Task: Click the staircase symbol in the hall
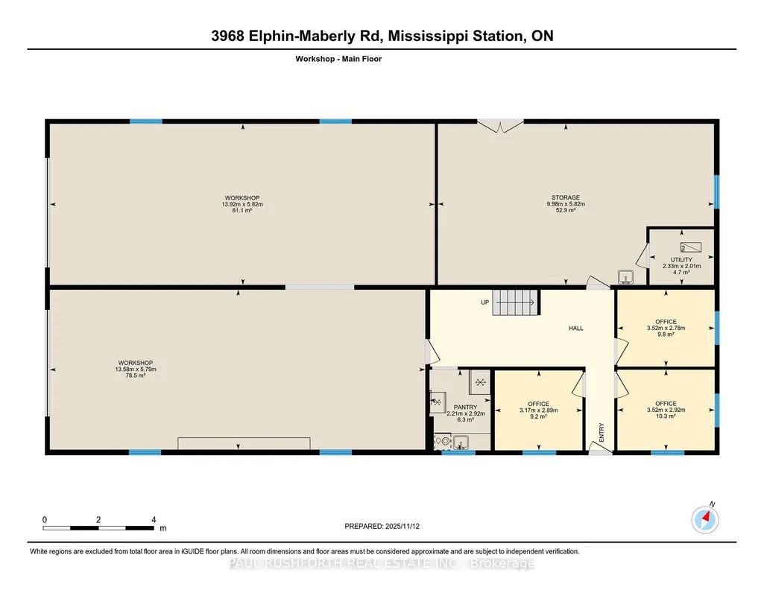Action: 516,302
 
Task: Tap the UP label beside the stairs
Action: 484,302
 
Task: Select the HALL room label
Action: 576,328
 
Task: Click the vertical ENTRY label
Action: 602,432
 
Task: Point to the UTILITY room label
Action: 681,260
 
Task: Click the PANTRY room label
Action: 465,407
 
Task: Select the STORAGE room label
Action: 566,197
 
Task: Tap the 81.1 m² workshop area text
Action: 242,210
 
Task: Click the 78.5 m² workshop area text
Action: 136,375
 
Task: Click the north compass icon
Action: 705,520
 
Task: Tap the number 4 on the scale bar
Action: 154,519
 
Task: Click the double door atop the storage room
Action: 500,126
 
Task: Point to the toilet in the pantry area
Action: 443,441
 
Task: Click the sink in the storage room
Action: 625,277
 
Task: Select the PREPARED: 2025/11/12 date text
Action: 382,526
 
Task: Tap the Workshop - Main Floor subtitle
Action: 338,59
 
